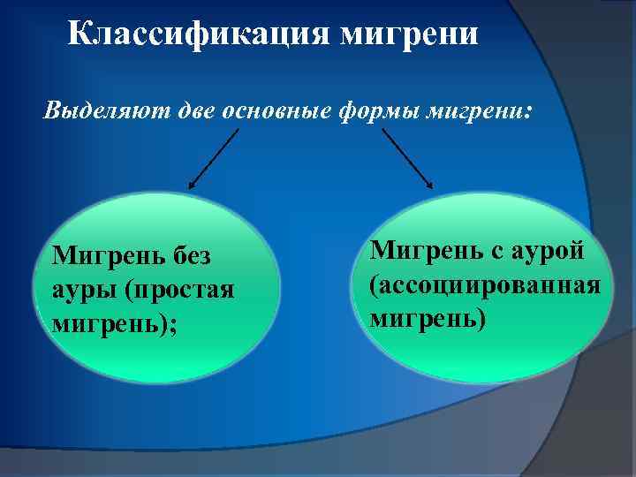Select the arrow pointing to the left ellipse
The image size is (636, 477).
[215, 158]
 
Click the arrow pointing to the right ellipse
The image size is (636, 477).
[407, 158]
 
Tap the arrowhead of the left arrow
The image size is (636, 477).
[193, 185]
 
